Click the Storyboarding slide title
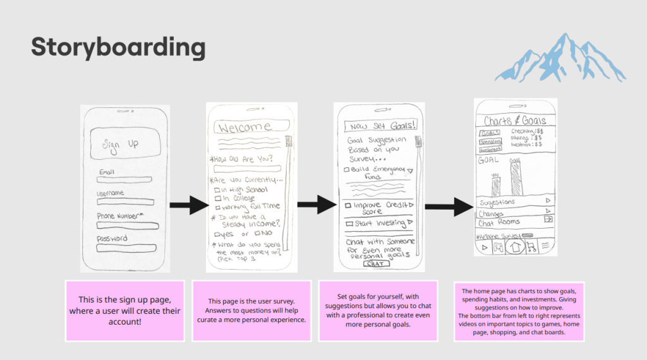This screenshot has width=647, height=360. (118, 47)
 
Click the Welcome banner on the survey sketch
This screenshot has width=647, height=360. (247, 128)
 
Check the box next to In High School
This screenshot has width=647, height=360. (217, 189)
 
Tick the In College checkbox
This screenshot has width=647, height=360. (217, 198)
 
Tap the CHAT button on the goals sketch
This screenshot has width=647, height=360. (378, 264)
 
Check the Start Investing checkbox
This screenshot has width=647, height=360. (348, 224)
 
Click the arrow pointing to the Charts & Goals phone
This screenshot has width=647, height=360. (449, 207)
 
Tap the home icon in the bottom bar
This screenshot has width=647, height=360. (515, 246)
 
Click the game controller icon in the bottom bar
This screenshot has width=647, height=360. (499, 247)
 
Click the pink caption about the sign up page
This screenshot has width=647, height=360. (125, 311)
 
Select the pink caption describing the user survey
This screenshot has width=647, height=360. (251, 311)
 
